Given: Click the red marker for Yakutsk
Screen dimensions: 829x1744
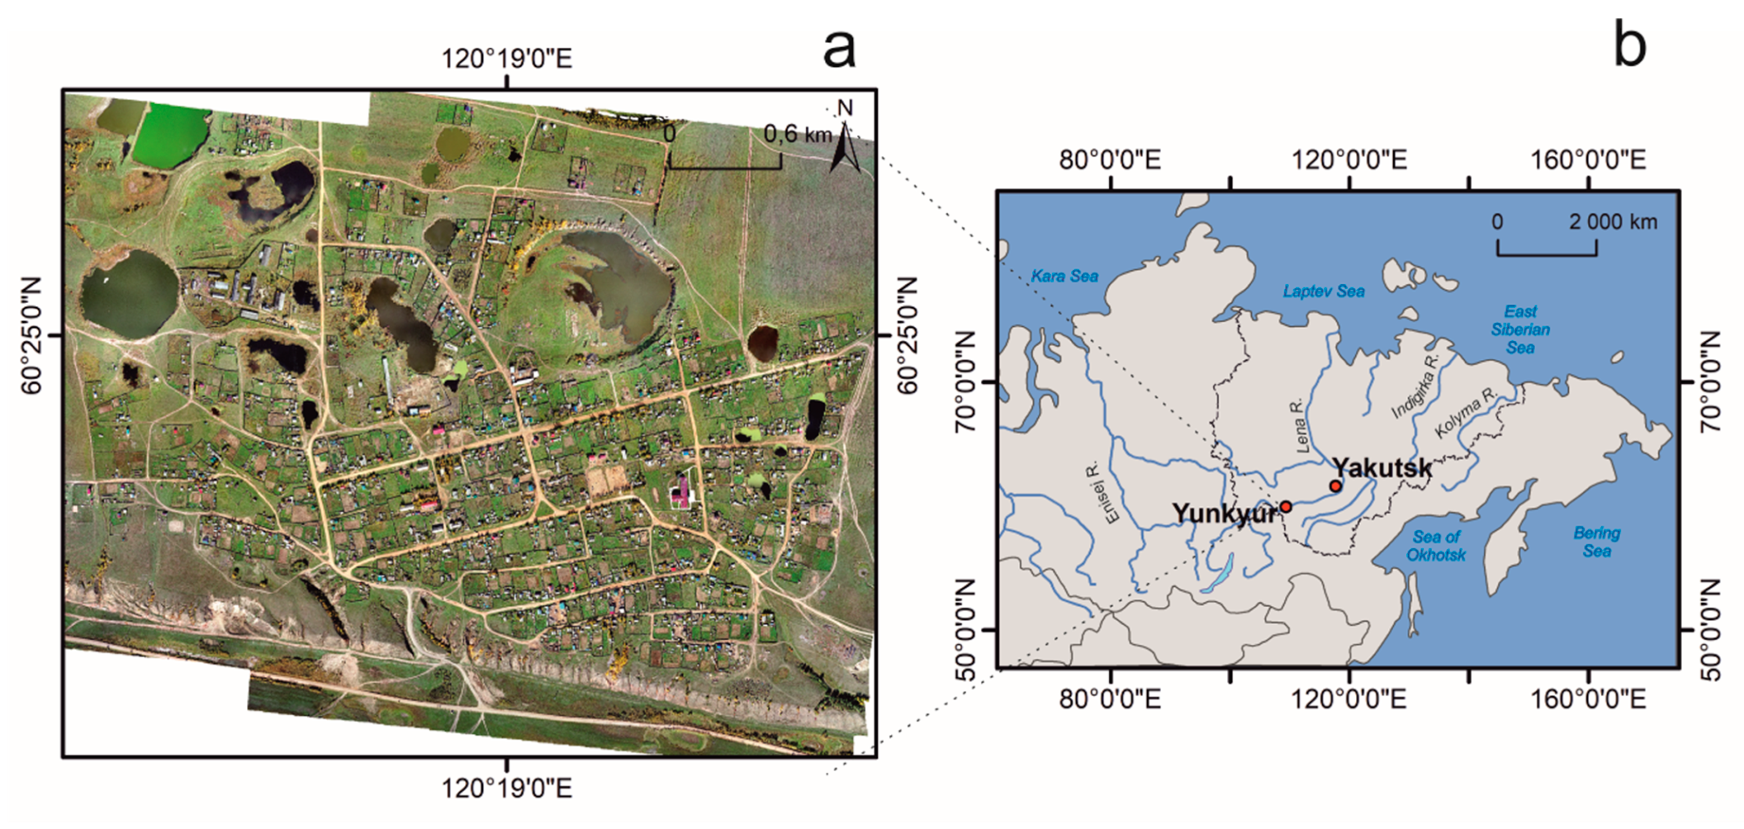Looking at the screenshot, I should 1335,486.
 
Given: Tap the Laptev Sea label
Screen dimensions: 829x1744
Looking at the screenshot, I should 1324,291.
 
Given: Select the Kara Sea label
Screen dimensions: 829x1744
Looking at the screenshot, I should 1064,276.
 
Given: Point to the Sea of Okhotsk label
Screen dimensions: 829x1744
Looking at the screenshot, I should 1435,546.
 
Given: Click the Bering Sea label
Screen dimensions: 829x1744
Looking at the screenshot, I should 1596,542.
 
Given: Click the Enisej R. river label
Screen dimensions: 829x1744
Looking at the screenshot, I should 1112,492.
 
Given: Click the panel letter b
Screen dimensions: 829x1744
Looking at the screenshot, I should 1630,44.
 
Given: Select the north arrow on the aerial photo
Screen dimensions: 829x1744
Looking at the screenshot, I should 845,146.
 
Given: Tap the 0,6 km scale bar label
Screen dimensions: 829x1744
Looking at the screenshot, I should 797,134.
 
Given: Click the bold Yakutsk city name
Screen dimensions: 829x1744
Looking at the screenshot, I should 1382,467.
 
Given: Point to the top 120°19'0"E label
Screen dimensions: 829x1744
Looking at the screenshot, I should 507,59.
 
